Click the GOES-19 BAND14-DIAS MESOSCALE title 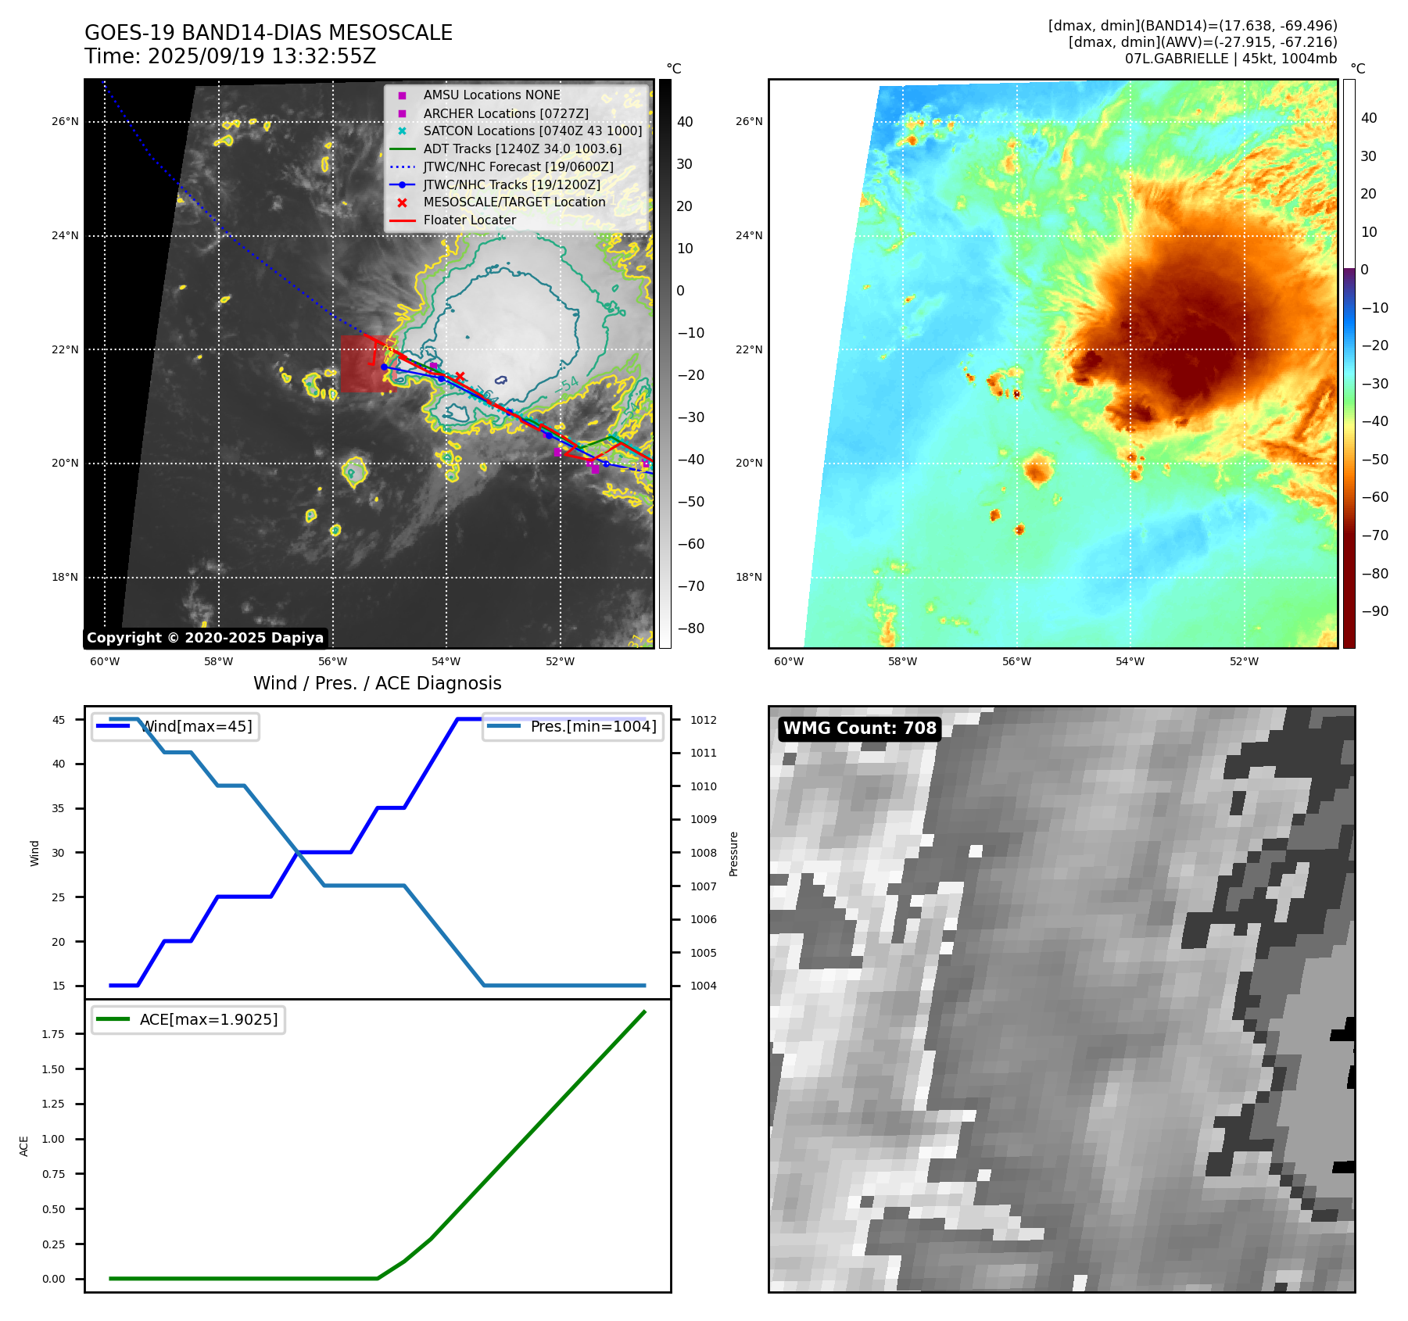coord(268,33)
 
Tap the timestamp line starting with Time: coord(230,56)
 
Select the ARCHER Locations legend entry coord(505,113)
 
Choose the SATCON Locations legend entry coord(532,131)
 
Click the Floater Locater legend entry coord(469,220)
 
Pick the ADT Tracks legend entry coord(522,149)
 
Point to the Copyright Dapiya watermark coord(205,638)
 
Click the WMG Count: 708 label coord(859,729)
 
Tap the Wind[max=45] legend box coord(176,726)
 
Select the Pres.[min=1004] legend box coord(573,726)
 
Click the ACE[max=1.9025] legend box coord(188,1019)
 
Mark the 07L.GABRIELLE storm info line coord(1231,59)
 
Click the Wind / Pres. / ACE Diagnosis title coord(377,683)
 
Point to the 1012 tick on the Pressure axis coord(703,720)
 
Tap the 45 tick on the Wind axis coord(59,720)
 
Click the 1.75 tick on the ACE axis coord(53,1034)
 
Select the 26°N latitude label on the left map coord(65,121)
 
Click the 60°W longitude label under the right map coord(788,661)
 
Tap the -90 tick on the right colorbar coord(1374,611)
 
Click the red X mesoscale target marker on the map coord(460,376)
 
